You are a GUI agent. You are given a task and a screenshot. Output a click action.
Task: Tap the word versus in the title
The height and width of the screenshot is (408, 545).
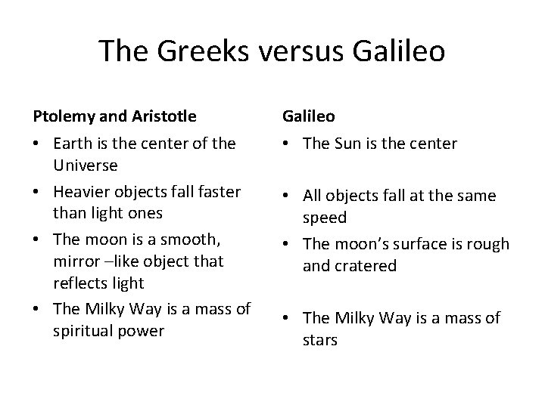(x=294, y=51)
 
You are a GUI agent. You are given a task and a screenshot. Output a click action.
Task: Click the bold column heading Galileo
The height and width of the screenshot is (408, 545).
(x=309, y=117)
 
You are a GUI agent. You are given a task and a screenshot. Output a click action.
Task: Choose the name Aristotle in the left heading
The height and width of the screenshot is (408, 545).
(x=163, y=117)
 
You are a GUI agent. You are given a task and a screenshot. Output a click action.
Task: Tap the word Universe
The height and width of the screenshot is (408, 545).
(x=86, y=164)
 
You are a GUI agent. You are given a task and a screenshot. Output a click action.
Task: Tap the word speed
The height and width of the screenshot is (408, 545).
(x=324, y=218)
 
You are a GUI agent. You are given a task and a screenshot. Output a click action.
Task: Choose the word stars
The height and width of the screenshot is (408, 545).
(x=319, y=340)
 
